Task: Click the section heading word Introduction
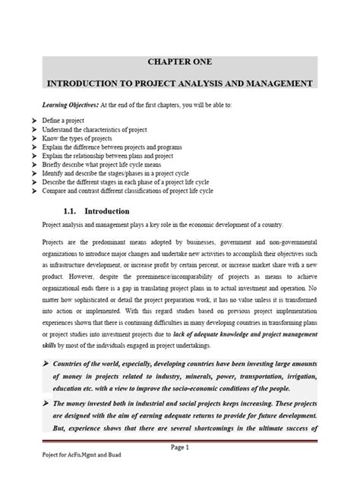108,210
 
